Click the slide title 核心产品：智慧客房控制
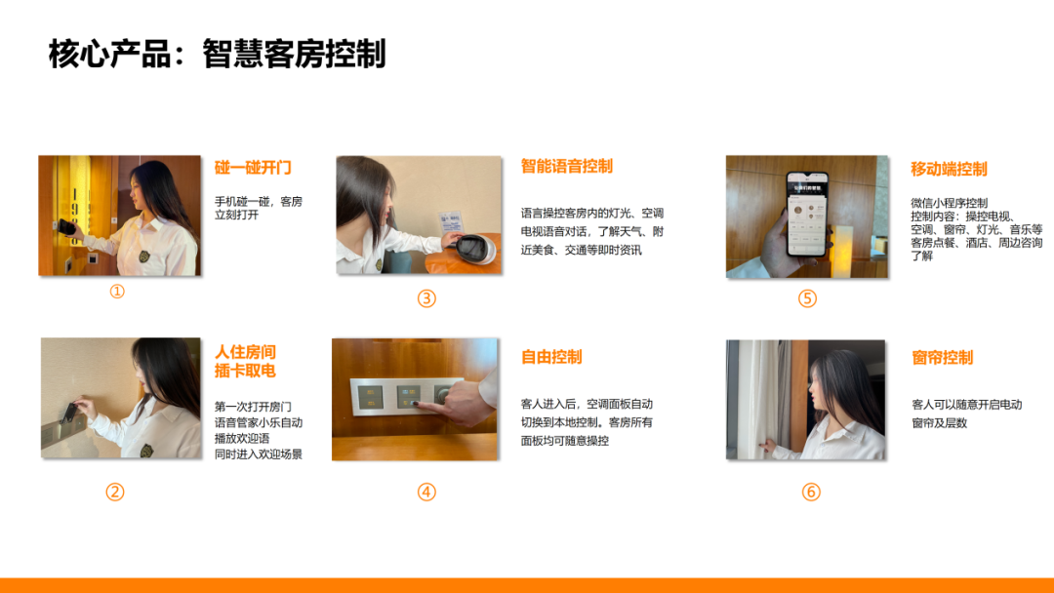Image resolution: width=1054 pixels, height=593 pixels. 217,54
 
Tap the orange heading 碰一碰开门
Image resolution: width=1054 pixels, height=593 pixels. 253,167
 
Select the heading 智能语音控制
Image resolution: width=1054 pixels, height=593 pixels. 567,166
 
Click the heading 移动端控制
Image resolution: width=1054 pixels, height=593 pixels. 949,169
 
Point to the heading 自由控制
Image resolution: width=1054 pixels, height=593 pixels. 551,357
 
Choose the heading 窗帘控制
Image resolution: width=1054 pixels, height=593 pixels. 942,357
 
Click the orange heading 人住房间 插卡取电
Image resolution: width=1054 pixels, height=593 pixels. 245,361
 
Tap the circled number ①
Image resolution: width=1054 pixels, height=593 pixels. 117,292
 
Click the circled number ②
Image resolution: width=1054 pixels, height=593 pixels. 115,493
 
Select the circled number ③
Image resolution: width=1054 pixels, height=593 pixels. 426,298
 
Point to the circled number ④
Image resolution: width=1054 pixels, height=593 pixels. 426,493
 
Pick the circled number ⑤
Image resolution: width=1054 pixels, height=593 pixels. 807,298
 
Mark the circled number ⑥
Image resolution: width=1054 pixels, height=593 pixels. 811,493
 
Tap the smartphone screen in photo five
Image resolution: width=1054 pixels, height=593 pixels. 807,215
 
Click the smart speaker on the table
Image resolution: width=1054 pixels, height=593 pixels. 476,249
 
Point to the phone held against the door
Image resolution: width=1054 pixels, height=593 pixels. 66,227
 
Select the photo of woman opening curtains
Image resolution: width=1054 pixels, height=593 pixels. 805,400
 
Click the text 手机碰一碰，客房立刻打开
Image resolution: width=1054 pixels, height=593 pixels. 258,208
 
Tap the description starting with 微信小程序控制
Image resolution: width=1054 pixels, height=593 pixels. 977,229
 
